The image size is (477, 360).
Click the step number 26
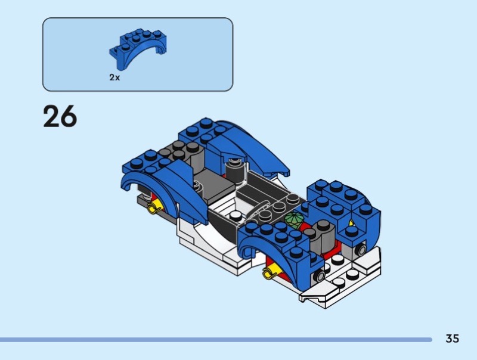coord(60,116)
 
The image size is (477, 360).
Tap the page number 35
coord(452,339)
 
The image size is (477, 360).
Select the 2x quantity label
coord(114,77)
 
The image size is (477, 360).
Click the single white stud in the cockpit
coord(236,216)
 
